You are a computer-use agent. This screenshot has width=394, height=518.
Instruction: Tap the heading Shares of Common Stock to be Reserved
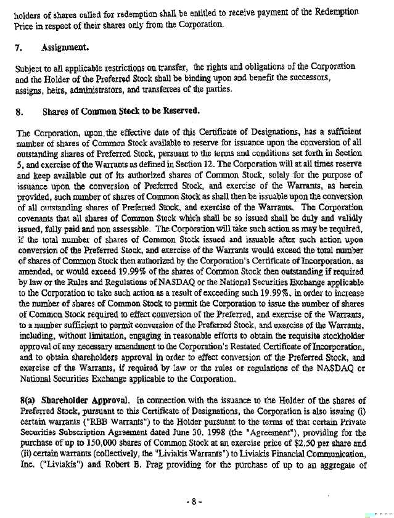pos(121,111)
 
